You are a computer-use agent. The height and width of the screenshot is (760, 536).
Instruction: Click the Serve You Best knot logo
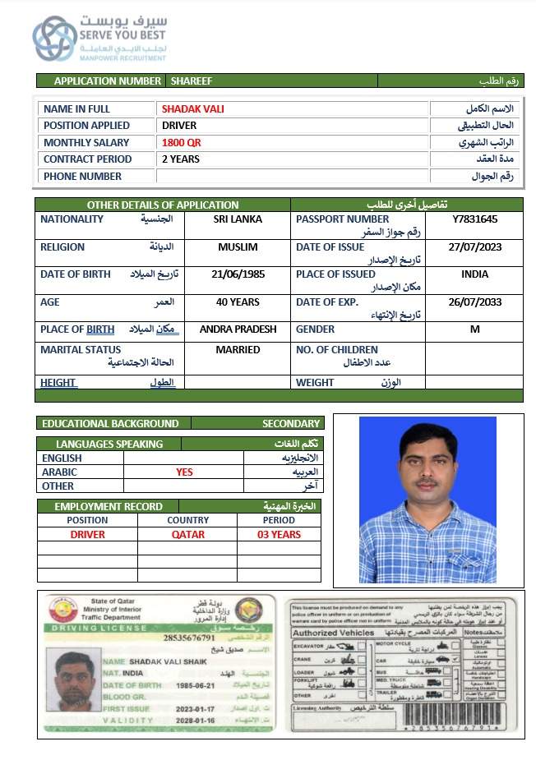[x=54, y=39]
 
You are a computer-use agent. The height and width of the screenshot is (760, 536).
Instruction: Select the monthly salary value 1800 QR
[x=181, y=142]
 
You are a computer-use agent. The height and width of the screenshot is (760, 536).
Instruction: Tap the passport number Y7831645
[x=474, y=219]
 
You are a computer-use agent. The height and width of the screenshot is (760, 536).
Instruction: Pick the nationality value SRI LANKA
[x=238, y=219]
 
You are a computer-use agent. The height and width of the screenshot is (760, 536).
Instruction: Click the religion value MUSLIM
[x=238, y=246]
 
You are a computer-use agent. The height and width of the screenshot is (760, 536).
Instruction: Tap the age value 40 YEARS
[x=238, y=302]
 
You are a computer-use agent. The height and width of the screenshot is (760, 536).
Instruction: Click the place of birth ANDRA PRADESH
[x=238, y=329]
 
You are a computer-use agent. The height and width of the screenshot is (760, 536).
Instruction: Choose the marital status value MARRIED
[x=238, y=349]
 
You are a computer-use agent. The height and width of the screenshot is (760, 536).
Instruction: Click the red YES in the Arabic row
[x=184, y=472]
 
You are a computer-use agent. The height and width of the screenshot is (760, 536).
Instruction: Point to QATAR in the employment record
[x=187, y=534]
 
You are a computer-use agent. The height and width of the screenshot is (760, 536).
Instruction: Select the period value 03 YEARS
[x=279, y=534]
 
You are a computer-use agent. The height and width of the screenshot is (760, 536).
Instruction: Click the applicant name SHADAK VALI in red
[x=192, y=108]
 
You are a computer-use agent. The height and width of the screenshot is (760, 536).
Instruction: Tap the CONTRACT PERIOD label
[x=87, y=159]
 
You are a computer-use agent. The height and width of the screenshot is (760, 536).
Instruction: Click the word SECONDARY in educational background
[x=290, y=423]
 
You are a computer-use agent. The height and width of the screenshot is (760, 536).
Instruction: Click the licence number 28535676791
[x=189, y=638]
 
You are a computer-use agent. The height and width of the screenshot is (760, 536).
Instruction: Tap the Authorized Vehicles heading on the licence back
[x=331, y=633]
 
